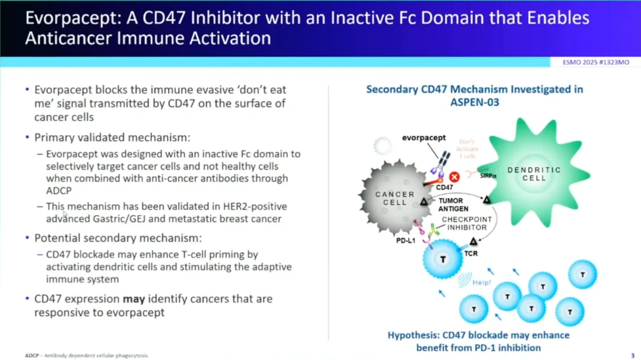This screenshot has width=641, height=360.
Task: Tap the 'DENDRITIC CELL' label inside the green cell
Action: point(534,174)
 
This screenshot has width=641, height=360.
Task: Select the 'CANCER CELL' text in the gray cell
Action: point(395,198)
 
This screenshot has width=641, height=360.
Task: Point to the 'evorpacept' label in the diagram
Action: point(424,138)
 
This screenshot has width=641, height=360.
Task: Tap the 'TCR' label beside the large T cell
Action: point(471,254)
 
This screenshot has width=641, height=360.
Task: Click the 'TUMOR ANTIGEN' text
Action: point(453,205)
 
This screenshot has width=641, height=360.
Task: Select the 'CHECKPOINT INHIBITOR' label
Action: point(467,224)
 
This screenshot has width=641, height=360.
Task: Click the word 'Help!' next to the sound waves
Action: point(482,283)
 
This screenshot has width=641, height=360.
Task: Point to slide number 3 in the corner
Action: point(632,355)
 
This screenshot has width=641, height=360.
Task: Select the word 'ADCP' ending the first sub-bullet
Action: point(58,190)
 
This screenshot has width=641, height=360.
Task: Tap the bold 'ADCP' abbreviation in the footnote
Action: point(31,355)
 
